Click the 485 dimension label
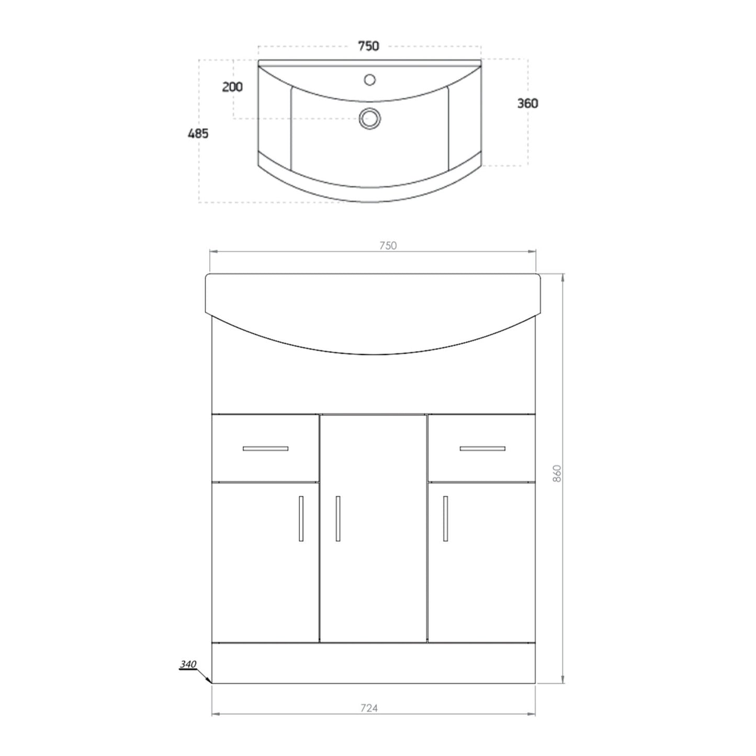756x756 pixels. click(198, 134)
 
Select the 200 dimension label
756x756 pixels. click(232, 87)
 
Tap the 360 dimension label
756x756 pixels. click(527, 104)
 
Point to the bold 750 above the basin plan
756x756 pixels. click(368, 47)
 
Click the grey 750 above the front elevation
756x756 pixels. click(388, 245)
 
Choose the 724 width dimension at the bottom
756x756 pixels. click(369, 708)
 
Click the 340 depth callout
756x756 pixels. click(188, 664)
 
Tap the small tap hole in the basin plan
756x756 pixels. click(370, 80)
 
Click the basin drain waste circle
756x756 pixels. click(369, 118)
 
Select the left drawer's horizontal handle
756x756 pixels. click(265, 448)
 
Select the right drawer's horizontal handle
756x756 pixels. click(482, 448)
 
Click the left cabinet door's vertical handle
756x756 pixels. click(301, 518)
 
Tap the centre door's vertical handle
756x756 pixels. click(338, 518)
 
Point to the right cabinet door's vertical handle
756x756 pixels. click(445, 518)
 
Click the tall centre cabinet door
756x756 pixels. click(374, 576)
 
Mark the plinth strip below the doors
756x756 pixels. click(374, 663)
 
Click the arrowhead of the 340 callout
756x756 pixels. click(209, 681)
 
